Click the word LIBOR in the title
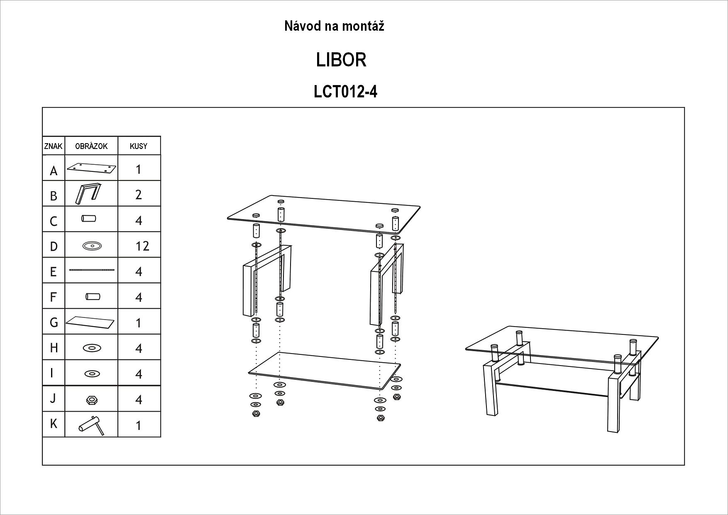(x=341, y=60)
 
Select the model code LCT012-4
(x=345, y=92)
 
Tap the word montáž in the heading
(x=364, y=26)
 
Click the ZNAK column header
(x=53, y=146)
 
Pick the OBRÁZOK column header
(x=91, y=146)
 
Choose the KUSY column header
(x=139, y=146)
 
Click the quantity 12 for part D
(x=142, y=246)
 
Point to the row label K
(x=54, y=424)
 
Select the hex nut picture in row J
(x=91, y=400)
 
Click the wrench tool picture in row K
(x=91, y=425)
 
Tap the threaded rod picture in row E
(x=91, y=270)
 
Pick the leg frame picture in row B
(x=88, y=194)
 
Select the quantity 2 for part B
(x=139, y=195)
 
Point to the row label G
(x=54, y=322)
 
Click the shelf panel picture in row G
(x=90, y=322)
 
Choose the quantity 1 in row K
(x=139, y=425)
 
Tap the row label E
(x=53, y=271)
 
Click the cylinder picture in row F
(x=93, y=297)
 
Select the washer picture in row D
(x=91, y=246)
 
